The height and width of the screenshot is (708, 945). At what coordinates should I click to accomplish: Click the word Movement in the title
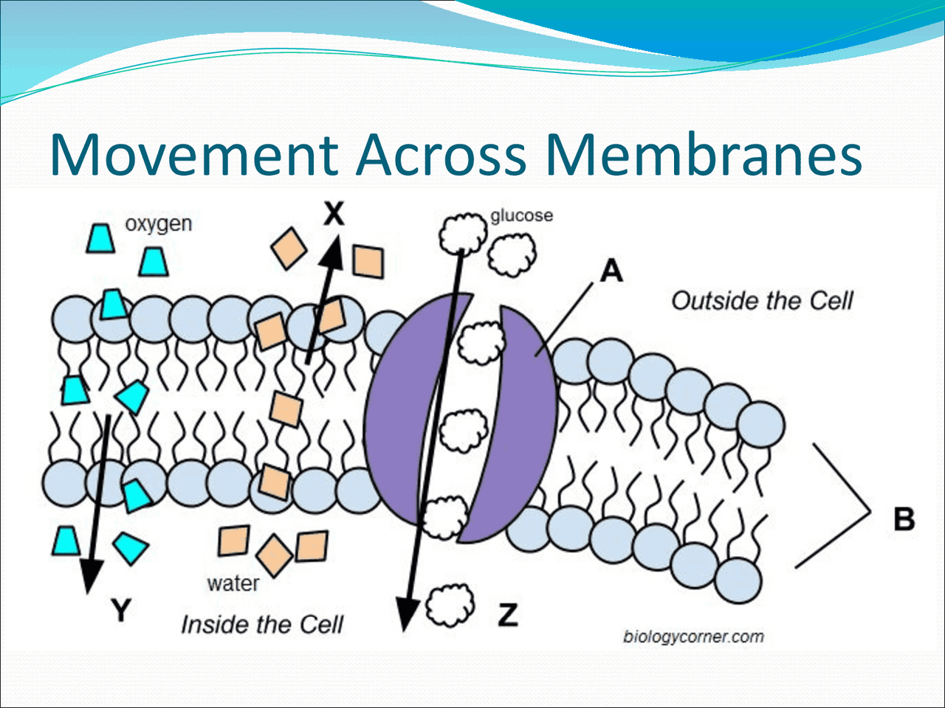[193, 155]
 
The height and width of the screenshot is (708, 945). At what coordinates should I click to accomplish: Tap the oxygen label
[159, 223]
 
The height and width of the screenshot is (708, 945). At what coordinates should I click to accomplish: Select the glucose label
[521, 215]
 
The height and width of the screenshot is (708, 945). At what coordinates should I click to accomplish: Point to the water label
[233, 583]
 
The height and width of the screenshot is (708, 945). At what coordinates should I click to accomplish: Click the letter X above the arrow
[334, 214]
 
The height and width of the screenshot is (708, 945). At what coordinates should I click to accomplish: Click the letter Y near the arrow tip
[121, 610]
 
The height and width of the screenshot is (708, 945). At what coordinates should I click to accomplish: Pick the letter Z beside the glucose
[508, 614]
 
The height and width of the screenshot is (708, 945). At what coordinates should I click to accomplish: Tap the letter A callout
[611, 271]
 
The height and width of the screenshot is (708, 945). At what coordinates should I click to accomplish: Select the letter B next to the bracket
[904, 518]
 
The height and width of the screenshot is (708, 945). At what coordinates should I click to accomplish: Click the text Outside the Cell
[762, 301]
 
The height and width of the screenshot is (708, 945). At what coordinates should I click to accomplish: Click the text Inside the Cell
[262, 625]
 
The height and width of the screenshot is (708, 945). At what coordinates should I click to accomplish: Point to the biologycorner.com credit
[693, 636]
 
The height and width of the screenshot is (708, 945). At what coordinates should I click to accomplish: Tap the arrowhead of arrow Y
[91, 575]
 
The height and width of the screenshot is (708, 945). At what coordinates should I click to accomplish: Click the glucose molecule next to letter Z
[450, 605]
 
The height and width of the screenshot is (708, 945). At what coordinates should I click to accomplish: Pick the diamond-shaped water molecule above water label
[275, 555]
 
